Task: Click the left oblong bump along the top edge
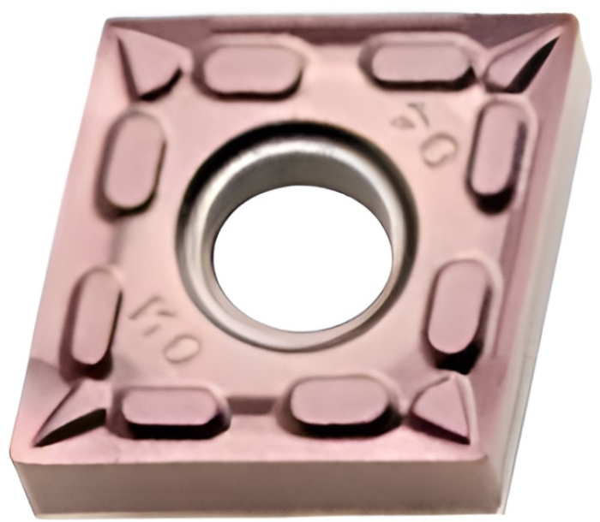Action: point(253,68)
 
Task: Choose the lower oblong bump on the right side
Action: point(459,305)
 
